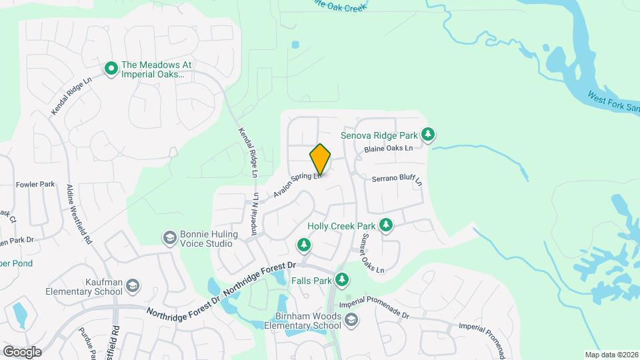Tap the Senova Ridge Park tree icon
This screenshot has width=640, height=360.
429,135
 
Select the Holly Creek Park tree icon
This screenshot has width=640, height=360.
385,225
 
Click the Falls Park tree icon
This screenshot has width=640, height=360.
342,279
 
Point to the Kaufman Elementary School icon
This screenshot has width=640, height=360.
133,286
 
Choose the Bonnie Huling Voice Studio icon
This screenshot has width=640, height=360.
170,238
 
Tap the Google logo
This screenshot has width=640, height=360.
22,351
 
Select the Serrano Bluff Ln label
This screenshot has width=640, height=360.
397,179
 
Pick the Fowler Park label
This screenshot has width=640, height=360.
35,184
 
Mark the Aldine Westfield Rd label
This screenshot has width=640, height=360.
79,214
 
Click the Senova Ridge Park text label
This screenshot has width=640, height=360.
378,135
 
